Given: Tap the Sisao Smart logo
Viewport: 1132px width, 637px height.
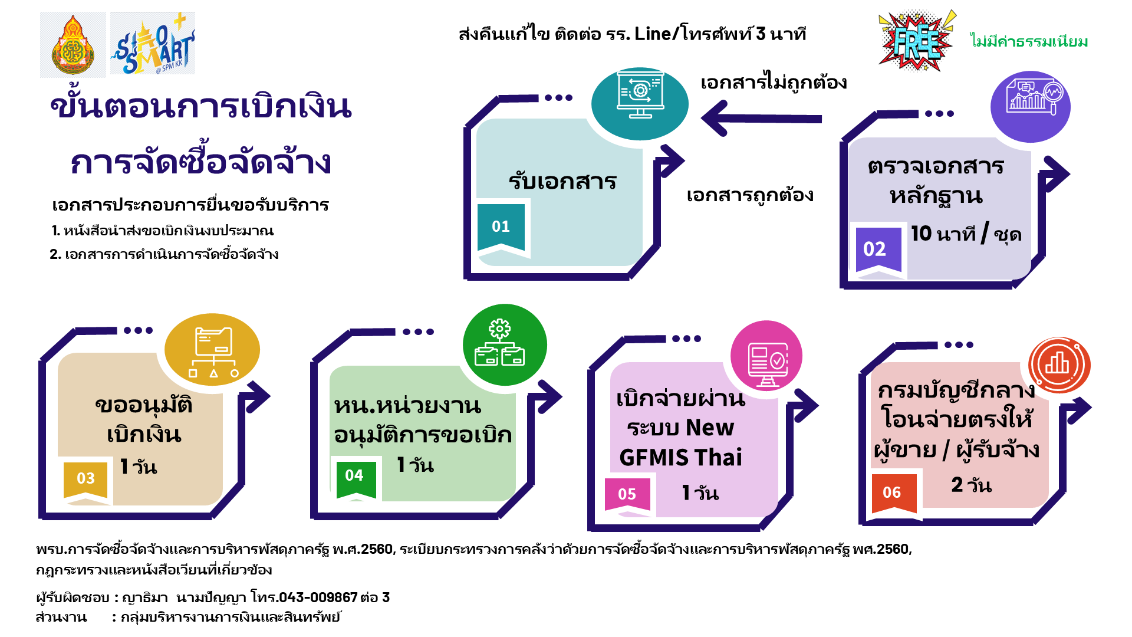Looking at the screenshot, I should pyautogui.click(x=153, y=44).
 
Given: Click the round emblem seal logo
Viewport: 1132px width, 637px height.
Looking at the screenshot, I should pyautogui.click(x=73, y=45).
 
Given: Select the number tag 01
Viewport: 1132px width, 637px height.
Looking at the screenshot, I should pyautogui.click(x=501, y=226).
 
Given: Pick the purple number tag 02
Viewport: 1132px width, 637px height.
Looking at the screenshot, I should pyautogui.click(x=875, y=249).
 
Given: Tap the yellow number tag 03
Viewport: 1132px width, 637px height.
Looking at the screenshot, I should pyautogui.click(x=86, y=478).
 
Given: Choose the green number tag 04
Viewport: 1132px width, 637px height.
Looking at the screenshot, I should pyautogui.click(x=354, y=475).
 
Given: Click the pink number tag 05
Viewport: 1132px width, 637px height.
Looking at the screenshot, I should pyautogui.click(x=627, y=494).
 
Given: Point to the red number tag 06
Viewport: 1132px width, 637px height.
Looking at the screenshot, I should pyautogui.click(x=892, y=492).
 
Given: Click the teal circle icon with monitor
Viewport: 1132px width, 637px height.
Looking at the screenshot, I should pyautogui.click(x=640, y=103).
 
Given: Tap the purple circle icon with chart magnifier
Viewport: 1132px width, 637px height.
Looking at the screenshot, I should pyautogui.click(x=1031, y=107).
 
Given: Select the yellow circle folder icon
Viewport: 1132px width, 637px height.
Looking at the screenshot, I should pyautogui.click(x=212, y=349).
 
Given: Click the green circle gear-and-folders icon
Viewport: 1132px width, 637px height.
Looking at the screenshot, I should pyautogui.click(x=505, y=344).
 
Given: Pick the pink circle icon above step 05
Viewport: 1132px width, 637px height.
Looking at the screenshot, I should pyautogui.click(x=766, y=356).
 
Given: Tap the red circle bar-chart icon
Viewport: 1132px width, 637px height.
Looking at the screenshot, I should pyautogui.click(x=1059, y=365).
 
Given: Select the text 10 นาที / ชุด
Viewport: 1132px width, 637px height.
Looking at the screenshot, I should pyautogui.click(x=966, y=234).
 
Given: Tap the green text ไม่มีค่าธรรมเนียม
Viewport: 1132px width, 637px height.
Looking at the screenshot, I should pyautogui.click(x=1029, y=41).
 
